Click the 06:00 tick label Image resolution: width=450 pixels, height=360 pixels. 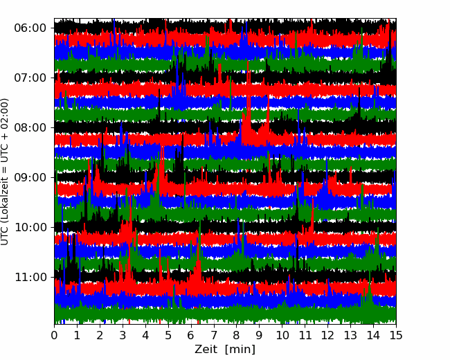click(x=30, y=28)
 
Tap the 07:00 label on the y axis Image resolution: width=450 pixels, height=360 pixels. click(x=30, y=78)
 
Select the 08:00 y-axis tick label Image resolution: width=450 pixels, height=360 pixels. click(x=30, y=128)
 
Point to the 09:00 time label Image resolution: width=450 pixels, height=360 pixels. click(x=30, y=178)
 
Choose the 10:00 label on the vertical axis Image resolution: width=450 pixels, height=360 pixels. click(x=30, y=227)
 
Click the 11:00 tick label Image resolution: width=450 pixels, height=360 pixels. click(x=30, y=278)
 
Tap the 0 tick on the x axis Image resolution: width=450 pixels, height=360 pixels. click(x=54, y=335)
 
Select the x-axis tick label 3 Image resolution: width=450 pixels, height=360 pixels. click(x=123, y=335)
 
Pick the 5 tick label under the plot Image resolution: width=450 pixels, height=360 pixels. click(x=168, y=335)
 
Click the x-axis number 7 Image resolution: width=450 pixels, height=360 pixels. click(x=214, y=335)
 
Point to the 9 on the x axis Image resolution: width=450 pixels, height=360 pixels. click(x=260, y=335)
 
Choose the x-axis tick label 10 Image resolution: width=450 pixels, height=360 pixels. click(x=282, y=335)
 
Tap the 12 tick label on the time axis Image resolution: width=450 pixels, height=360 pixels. click(x=327, y=335)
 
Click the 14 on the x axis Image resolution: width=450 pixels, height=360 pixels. click(x=373, y=335)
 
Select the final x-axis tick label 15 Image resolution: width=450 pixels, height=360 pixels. click(x=396, y=335)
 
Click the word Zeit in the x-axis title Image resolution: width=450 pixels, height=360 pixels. click(x=206, y=350)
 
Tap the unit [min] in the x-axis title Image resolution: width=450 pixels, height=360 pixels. click(x=240, y=350)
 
